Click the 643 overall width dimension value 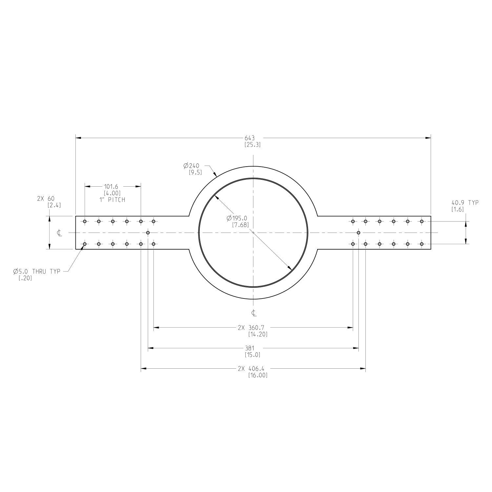pos(253,138)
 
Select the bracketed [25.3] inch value pos(253,145)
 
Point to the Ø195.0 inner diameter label pos(237,218)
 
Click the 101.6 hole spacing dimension pos(111,186)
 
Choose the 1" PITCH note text pos(113,200)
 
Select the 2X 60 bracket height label pos(46,199)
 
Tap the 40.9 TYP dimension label pos(465,203)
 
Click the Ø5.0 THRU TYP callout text pos(37,271)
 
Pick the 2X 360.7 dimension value pos(251,327)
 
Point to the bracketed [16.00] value pos(258,375)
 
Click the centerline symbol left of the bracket pos(59,233)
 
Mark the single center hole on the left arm pos(148,233)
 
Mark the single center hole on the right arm pos(359,233)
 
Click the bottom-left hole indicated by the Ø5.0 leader pos(85,244)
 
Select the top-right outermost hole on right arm pos(422,221)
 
